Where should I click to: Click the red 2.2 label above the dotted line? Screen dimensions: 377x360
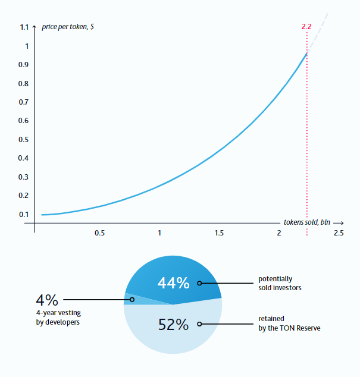pos(307,27)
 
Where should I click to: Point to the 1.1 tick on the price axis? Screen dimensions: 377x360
pos(24,27)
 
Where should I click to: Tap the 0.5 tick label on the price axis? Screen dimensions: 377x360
pos(24,140)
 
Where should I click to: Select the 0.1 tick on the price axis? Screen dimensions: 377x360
pos(24,215)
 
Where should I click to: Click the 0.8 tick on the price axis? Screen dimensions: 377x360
pos(24,84)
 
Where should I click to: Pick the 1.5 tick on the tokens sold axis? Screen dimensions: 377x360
pos(219,233)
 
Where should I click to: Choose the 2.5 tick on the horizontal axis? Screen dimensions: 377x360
pos(339,233)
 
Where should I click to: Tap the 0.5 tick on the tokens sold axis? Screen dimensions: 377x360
pos(99,233)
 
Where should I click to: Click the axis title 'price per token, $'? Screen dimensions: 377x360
pos(65,27)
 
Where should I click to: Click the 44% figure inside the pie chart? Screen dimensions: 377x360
pos(173,283)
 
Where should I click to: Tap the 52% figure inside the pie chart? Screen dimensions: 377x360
pos(173,325)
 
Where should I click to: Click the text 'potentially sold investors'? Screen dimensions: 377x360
pos(280,283)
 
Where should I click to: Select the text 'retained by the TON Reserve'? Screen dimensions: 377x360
pos(289,323)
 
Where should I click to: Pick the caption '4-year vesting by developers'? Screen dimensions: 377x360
pos(58,318)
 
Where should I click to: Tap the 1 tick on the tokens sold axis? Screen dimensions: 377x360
pos(159,233)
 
